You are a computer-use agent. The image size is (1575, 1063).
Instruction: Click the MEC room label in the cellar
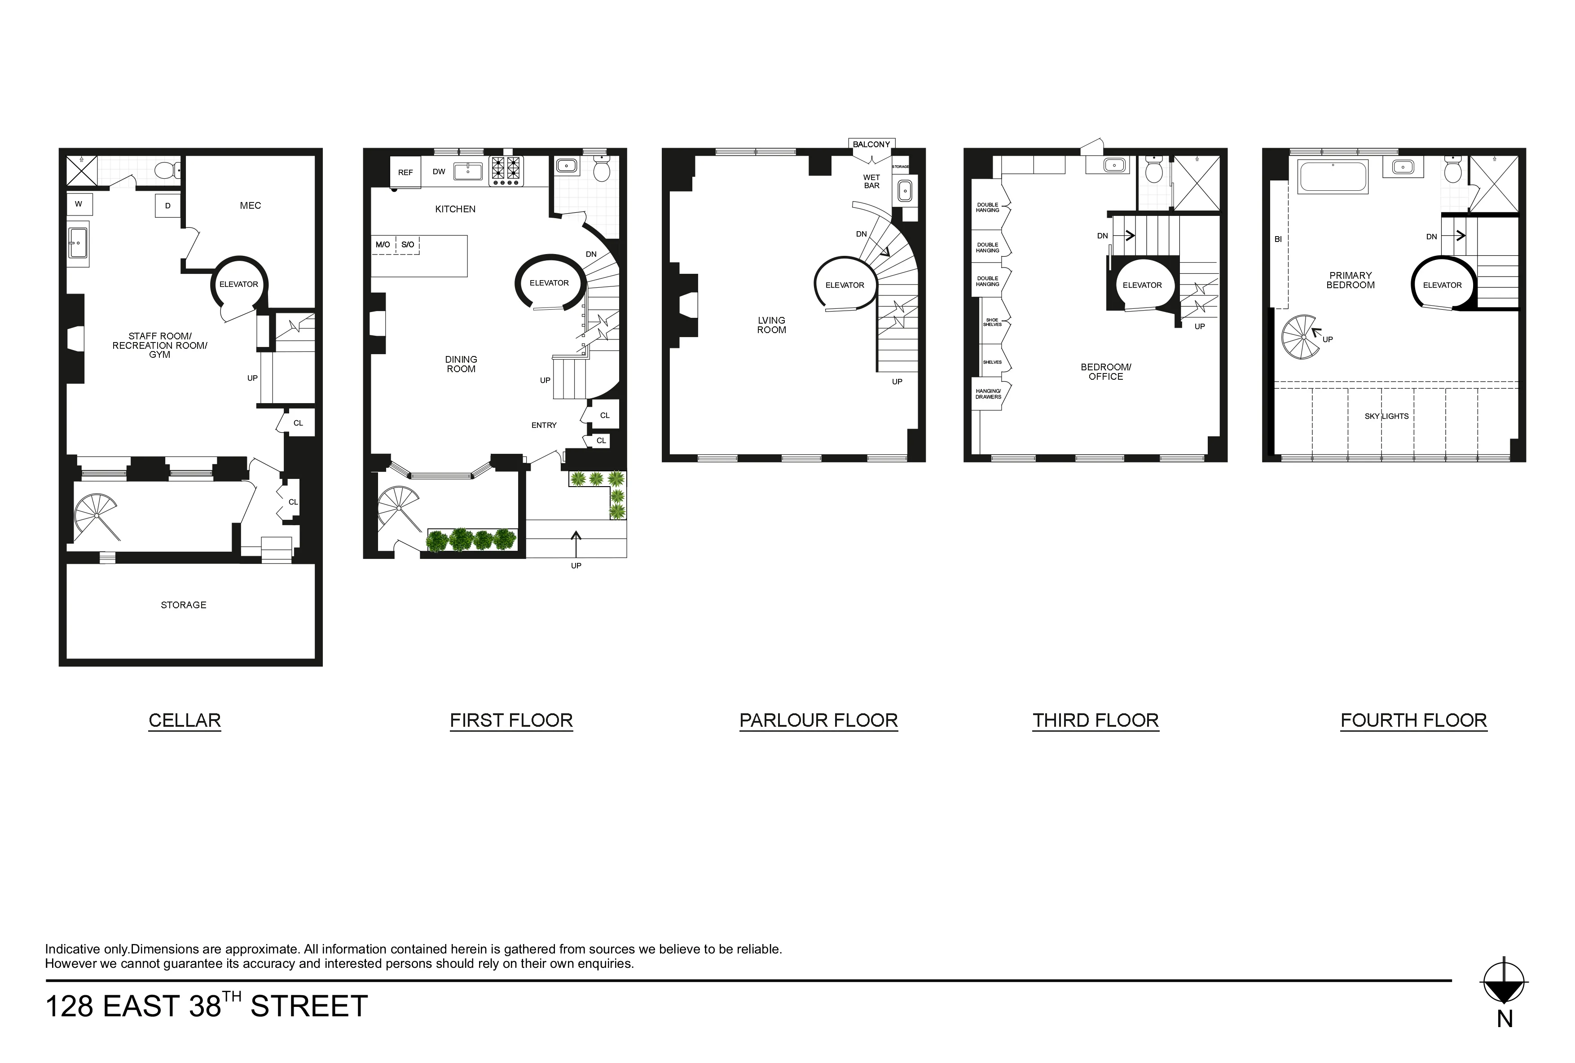[250, 205]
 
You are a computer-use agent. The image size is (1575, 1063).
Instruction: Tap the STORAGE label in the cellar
[184, 605]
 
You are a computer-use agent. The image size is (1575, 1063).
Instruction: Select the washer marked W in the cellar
[79, 204]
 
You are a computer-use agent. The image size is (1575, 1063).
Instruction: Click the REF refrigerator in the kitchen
[405, 172]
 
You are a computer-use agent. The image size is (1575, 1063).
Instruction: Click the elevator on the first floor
[549, 283]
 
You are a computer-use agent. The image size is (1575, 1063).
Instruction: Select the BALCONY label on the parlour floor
[871, 144]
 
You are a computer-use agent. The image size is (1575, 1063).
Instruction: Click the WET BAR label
[871, 181]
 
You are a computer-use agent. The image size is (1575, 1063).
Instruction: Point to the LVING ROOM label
[772, 325]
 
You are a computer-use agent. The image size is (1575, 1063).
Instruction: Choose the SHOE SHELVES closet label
[992, 322]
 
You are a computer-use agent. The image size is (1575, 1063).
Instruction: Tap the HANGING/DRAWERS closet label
[988, 394]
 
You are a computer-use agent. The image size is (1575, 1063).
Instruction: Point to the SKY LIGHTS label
[1386, 416]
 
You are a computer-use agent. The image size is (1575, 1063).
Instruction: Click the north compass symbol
[1505, 982]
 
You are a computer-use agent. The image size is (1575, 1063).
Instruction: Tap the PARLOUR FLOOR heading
[818, 720]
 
